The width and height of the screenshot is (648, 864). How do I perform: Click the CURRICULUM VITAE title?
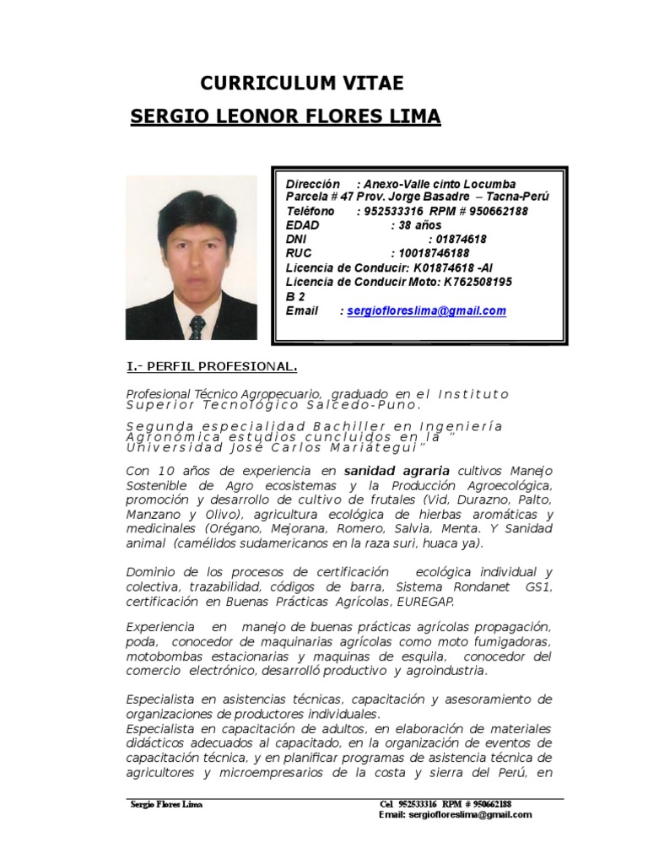click(x=301, y=83)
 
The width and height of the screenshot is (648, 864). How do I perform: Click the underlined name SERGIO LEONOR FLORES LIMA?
click(x=285, y=116)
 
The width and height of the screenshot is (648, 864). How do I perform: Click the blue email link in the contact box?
click(x=424, y=310)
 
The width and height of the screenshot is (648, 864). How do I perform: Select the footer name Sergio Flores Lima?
click(x=166, y=804)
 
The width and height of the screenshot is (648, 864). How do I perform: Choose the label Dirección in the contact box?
click(x=312, y=184)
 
